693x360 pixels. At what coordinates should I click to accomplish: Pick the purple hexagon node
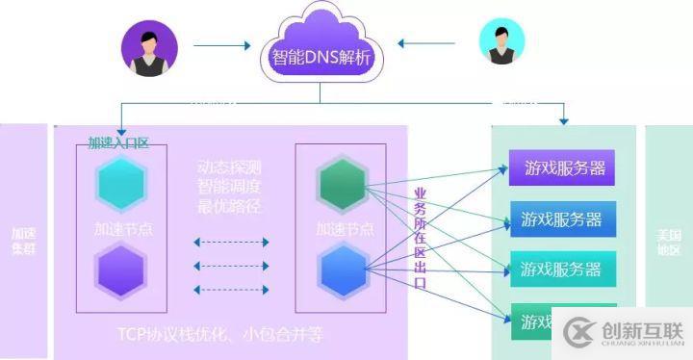(x=120, y=267)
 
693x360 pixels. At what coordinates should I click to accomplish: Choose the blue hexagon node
(x=343, y=268)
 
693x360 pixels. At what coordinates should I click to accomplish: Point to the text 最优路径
(x=228, y=206)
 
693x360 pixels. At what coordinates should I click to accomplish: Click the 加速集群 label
(x=22, y=241)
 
